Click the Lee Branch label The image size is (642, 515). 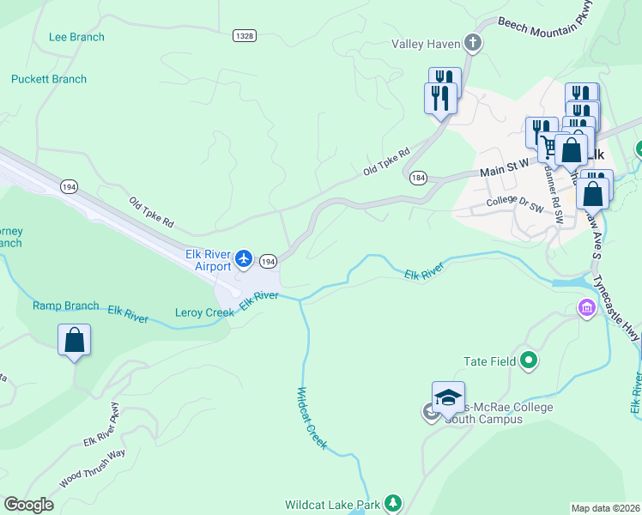pos(76,37)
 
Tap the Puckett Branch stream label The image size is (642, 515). pos(49,79)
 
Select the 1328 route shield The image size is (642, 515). pos(244,35)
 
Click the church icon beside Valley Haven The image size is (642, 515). pos(471,42)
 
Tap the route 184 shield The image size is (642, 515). pos(418,178)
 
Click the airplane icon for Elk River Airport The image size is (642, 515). pos(245,258)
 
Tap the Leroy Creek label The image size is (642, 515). pos(204,312)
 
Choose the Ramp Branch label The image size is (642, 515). pos(66,306)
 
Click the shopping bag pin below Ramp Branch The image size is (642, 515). pos(75,340)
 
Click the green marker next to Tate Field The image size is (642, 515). pos(529,361)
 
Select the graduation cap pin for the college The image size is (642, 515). pos(448,398)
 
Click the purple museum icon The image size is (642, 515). pos(587,307)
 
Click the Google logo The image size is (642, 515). pos(28,504)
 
